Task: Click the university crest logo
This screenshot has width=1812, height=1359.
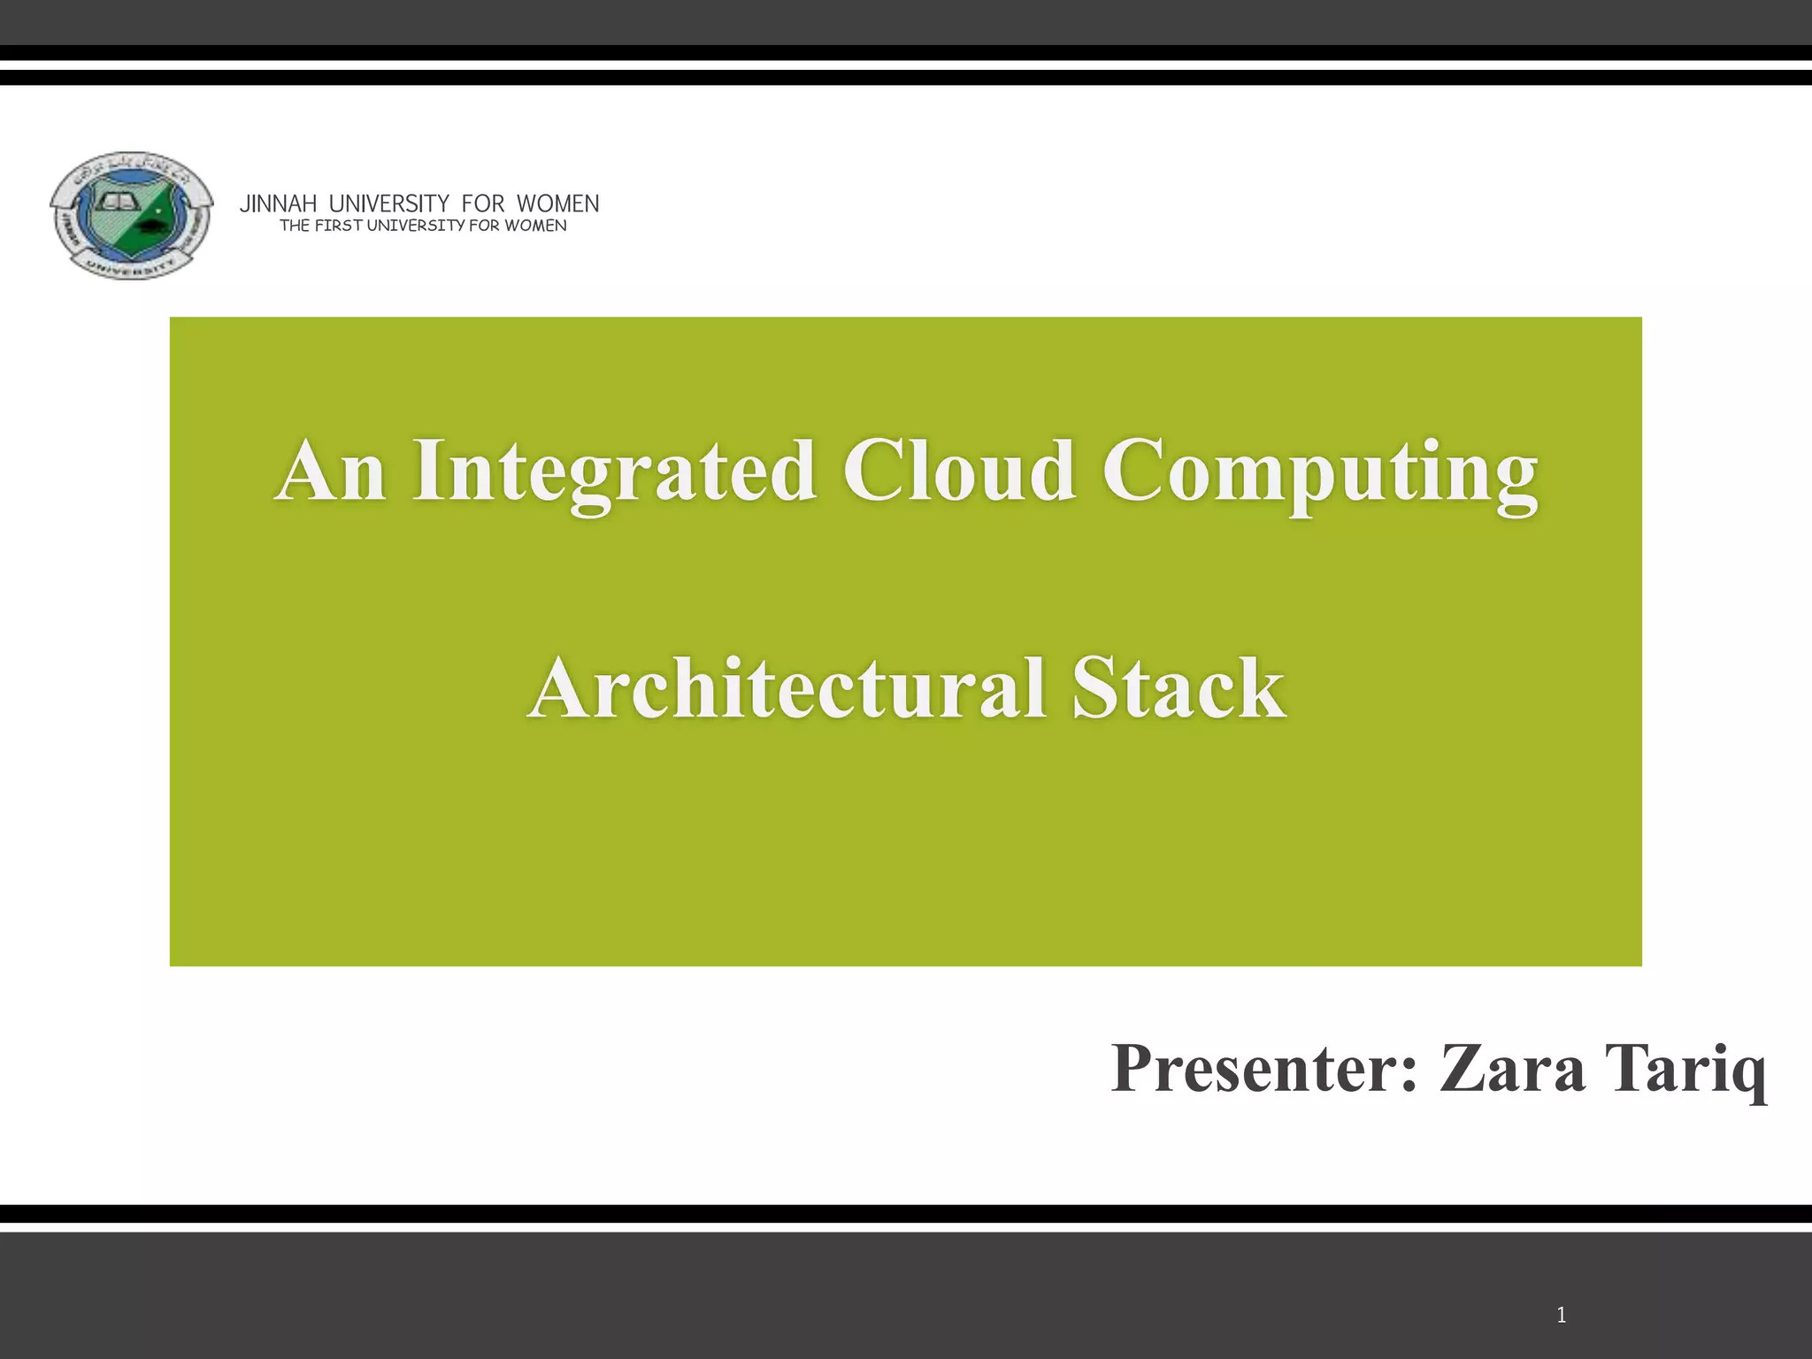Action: click(131, 215)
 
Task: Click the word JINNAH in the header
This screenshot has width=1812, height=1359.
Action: click(278, 204)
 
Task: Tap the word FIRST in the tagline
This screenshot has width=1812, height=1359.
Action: click(338, 226)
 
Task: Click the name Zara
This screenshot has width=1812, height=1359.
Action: click(1512, 1068)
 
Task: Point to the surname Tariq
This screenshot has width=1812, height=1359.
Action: click(1685, 1070)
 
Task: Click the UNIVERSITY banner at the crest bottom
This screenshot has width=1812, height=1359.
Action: click(132, 265)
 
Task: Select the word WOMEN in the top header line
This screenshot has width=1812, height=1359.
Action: click(557, 204)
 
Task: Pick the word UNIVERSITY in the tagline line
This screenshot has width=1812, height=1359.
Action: click(415, 226)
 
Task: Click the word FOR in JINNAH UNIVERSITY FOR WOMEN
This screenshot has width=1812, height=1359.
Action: click(482, 204)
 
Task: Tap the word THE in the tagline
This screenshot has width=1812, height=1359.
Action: click(295, 226)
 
